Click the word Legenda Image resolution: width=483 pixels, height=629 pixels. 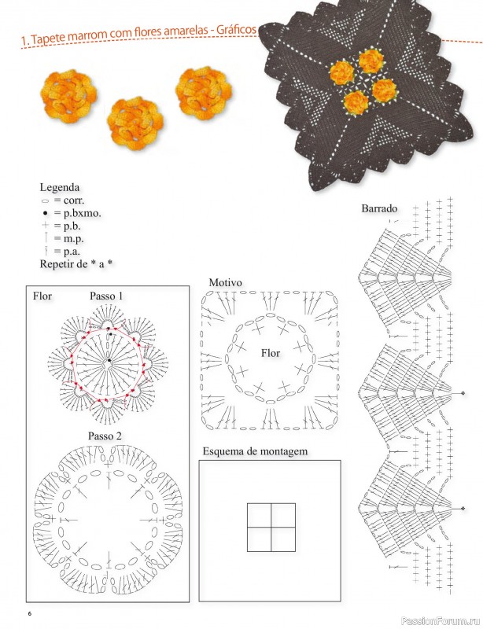tap(60, 188)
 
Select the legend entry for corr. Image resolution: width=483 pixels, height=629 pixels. tap(62, 200)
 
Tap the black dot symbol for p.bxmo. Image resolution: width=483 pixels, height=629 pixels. tap(46, 213)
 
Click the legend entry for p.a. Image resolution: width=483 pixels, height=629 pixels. tap(61, 252)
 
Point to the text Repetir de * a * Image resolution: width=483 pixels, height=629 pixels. tap(76, 264)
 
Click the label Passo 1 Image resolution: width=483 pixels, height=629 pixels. tap(106, 296)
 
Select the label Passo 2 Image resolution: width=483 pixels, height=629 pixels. tap(105, 436)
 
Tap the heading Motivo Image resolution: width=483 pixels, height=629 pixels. tap(225, 282)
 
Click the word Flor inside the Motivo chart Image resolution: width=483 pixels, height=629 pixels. tap(271, 353)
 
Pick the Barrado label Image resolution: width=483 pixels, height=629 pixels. tap(379, 208)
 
